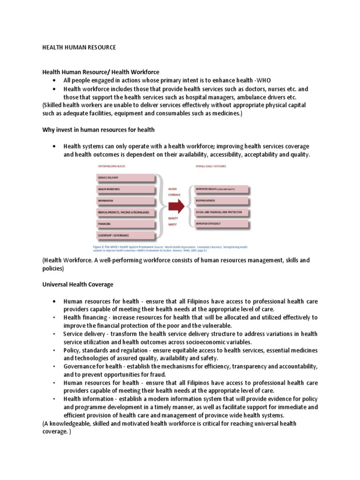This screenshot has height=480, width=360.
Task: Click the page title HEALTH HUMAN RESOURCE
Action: [79, 48]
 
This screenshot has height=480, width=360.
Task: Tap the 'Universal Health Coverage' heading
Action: [77, 285]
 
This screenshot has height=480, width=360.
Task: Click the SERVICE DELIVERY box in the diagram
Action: [125, 178]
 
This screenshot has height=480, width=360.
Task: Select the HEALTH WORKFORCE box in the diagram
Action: [125, 189]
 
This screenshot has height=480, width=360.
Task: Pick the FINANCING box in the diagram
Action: [125, 224]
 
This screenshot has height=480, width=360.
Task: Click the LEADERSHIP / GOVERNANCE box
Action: [125, 235]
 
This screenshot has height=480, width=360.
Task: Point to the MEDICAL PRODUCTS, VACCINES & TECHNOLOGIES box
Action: [125, 212]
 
